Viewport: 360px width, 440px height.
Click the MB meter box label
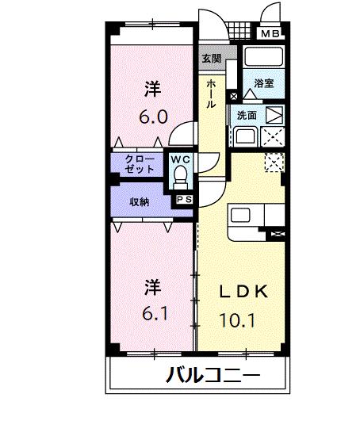click(270, 33)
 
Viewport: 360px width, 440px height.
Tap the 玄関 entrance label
click(212, 59)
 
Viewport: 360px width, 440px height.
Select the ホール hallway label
click(211, 94)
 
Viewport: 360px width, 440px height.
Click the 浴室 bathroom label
click(264, 83)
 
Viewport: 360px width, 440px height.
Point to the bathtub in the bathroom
click(263, 56)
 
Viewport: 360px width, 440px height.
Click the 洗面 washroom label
click(247, 115)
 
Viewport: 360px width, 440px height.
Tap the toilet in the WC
click(181, 178)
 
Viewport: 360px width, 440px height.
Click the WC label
click(181, 159)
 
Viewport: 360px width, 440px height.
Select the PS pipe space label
click(184, 200)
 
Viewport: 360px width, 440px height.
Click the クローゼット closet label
click(140, 164)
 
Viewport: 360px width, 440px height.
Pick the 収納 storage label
click(140, 201)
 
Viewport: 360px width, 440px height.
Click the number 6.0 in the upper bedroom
click(154, 117)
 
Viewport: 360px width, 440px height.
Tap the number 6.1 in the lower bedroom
click(155, 313)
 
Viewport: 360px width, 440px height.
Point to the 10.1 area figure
click(237, 320)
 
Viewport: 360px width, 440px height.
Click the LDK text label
click(243, 292)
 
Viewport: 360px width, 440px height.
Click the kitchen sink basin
click(240, 216)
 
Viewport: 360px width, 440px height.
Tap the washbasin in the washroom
click(245, 136)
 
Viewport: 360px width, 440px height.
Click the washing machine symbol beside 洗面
click(274, 115)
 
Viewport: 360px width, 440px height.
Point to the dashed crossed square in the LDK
click(274, 162)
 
